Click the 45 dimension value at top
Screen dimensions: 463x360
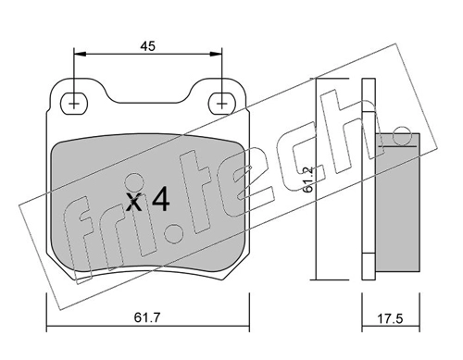(147, 46)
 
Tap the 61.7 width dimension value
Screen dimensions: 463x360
(147, 317)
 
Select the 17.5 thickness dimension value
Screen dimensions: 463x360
(391, 318)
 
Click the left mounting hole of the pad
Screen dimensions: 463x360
(74, 104)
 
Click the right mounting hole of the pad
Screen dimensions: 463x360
(221, 104)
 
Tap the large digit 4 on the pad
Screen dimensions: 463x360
(161, 199)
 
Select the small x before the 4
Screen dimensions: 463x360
(134, 203)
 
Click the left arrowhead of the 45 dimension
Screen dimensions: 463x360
(80, 55)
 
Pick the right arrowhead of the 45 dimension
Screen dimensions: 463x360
(216, 55)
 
